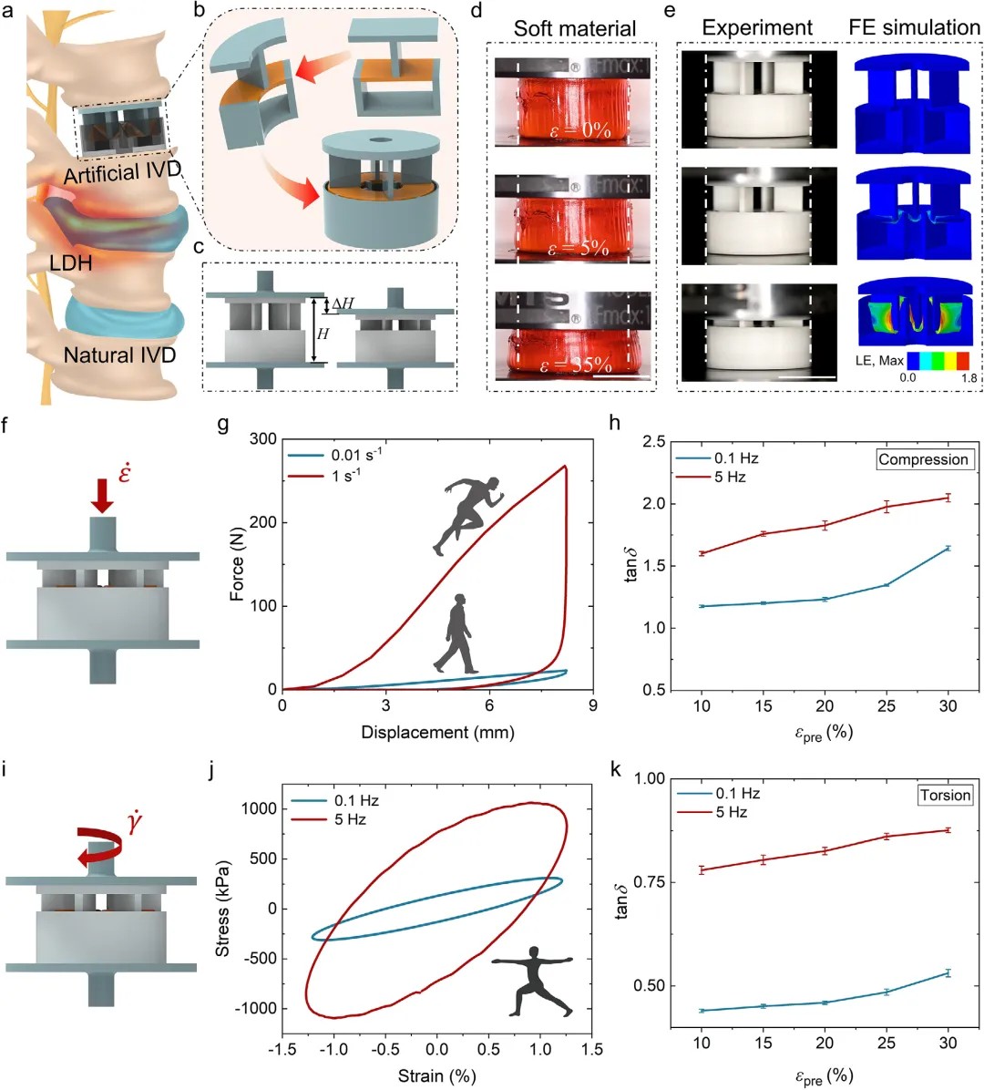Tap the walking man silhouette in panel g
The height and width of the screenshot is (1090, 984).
pos(456,635)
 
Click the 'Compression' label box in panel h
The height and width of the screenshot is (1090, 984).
pos(923,459)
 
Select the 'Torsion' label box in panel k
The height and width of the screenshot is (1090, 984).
pos(945,795)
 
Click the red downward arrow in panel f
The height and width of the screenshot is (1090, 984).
pos(102,493)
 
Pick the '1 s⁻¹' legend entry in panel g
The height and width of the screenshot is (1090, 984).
pos(345,476)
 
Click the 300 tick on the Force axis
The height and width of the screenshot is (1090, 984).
pos(264,439)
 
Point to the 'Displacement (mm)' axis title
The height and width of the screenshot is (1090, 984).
pos(437,732)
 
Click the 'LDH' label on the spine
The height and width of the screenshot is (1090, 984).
pos(70,263)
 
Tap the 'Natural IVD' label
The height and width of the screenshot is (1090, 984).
pos(119,355)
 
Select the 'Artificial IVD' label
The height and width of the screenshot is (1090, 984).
pos(123,172)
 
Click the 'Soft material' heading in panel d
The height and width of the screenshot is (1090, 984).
pos(574,28)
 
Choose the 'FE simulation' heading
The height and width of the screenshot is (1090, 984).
pos(914,27)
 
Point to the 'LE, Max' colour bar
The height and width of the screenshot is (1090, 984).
pos(938,361)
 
